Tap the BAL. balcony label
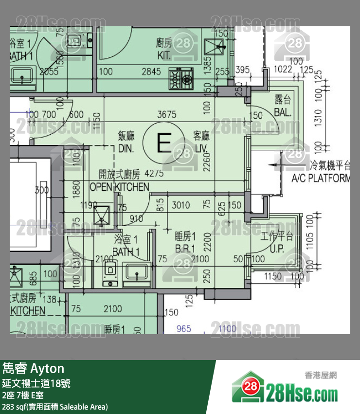(x=283, y=113)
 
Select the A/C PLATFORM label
(x=321, y=179)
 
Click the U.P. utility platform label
(x=280, y=249)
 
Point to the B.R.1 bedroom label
(x=185, y=249)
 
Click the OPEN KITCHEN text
(x=119, y=187)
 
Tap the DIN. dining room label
(x=126, y=148)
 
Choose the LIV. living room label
(x=201, y=148)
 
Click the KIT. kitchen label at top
(x=164, y=55)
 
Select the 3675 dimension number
(x=166, y=115)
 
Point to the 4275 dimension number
(x=154, y=173)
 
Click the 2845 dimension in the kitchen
(x=151, y=72)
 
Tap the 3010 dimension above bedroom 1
(x=181, y=205)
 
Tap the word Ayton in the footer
(x=48, y=368)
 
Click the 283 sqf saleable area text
(x=55, y=407)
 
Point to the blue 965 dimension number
(x=183, y=329)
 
